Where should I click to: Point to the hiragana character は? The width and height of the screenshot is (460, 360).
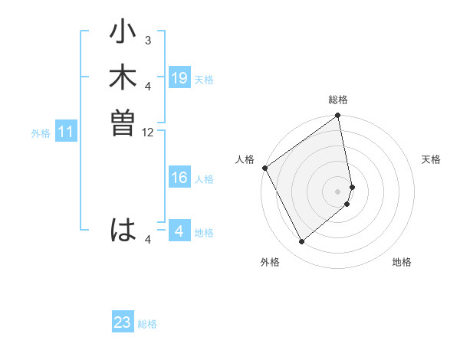pyautogui.click(x=123, y=230)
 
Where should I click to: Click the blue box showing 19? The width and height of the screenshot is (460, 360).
pyautogui.click(x=179, y=77)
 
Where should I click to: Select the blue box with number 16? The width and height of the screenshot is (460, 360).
pyautogui.click(x=179, y=178)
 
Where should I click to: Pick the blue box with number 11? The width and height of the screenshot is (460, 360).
pyautogui.click(x=66, y=133)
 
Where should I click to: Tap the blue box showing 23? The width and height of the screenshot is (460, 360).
pyautogui.click(x=123, y=322)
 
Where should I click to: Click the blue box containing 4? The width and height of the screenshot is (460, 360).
pyautogui.click(x=179, y=231)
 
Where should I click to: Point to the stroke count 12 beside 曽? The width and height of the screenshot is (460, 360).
pyautogui.click(x=148, y=132)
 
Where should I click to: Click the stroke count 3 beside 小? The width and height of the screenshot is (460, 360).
pyautogui.click(x=148, y=40)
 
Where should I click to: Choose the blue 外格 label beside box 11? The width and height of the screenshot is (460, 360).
pyautogui.click(x=41, y=133)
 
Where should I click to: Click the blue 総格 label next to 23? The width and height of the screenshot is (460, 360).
pyautogui.click(x=147, y=324)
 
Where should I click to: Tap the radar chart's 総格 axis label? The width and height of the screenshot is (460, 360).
pyautogui.click(x=338, y=100)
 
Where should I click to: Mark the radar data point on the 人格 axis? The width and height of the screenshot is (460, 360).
pyautogui.click(x=264, y=168)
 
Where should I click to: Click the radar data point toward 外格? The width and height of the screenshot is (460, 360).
pyautogui.click(x=301, y=242)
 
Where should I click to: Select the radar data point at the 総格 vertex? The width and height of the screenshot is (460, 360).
pyautogui.click(x=338, y=116)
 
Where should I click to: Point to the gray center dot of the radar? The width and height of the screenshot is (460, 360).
pyautogui.click(x=338, y=191)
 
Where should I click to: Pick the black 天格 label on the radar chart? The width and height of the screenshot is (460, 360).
pyautogui.click(x=432, y=159)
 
